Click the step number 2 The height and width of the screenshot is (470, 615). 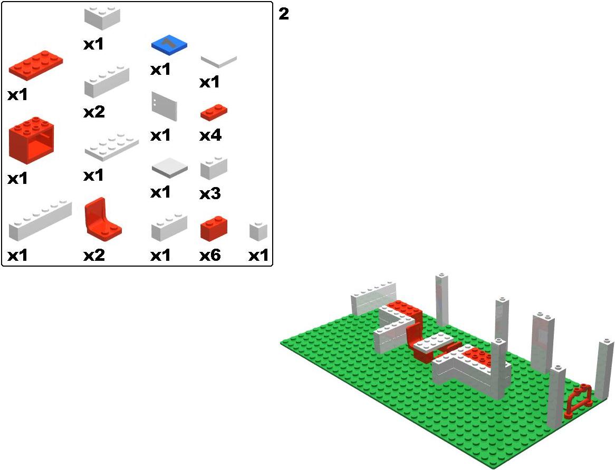click(x=284, y=14)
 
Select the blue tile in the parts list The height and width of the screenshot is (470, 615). click(x=169, y=46)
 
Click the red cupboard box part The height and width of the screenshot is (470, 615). click(x=31, y=139)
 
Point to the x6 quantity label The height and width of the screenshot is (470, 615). click(x=210, y=256)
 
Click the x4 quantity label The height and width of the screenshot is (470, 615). click(x=210, y=136)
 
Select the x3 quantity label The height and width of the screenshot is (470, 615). click(x=210, y=194)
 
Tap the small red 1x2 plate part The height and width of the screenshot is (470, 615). click(x=214, y=112)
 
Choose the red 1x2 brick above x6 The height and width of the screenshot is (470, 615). click(x=214, y=228)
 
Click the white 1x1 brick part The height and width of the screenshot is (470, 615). click(x=258, y=231)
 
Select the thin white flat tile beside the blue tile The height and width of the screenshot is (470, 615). click(x=218, y=61)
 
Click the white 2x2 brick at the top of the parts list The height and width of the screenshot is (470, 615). click(x=102, y=16)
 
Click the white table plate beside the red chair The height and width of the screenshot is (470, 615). click(x=434, y=344)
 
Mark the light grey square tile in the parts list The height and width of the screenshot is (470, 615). click(x=169, y=169)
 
